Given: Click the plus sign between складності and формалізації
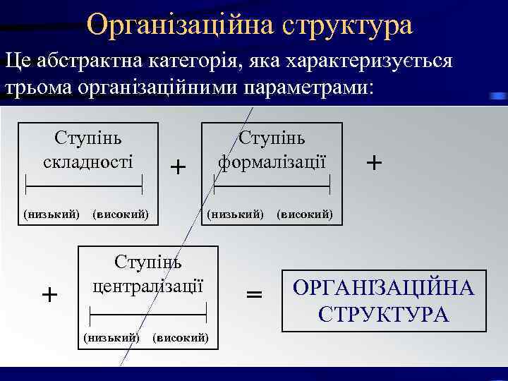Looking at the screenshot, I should click(179, 167).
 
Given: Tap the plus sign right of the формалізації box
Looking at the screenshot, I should click(375, 163).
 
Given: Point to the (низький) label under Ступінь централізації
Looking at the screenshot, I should click(111, 337).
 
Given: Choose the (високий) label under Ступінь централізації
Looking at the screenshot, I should click(180, 337).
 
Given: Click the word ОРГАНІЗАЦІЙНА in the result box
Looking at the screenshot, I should click(384, 289).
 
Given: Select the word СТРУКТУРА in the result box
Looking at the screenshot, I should click(384, 314).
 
